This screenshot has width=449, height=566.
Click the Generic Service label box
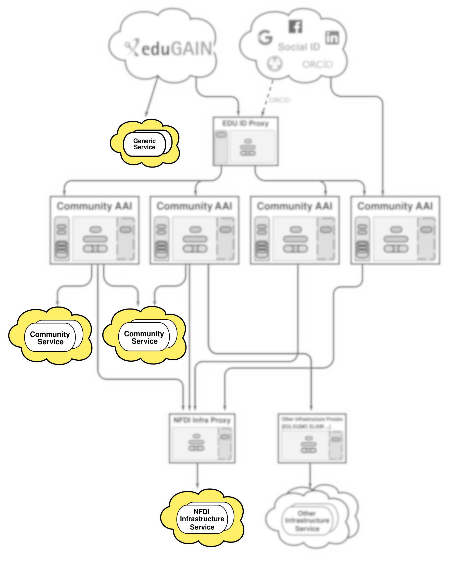pyautogui.click(x=144, y=144)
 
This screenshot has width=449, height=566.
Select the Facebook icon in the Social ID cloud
pyautogui.click(x=295, y=27)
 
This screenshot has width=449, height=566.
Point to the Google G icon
pyautogui.click(x=265, y=38)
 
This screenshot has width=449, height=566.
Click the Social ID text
pyautogui.click(x=299, y=47)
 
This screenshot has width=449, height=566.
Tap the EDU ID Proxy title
pyautogui.click(x=245, y=123)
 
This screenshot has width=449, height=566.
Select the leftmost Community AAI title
pyautogui.click(x=94, y=206)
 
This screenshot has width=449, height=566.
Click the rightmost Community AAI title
pyautogui.click(x=395, y=206)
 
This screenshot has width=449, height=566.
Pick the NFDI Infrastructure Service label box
pyautogui.click(x=202, y=519)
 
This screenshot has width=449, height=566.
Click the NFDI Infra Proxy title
pyautogui.click(x=202, y=420)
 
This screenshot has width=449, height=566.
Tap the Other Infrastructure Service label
pyautogui.click(x=307, y=521)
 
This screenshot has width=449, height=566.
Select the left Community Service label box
pyautogui.click(x=50, y=338)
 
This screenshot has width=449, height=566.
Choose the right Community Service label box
pyautogui.click(x=144, y=337)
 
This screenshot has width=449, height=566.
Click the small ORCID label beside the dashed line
pyautogui.click(x=280, y=100)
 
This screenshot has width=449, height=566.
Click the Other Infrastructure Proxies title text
pyautogui.click(x=312, y=419)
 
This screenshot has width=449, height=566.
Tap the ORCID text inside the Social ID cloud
pyautogui.click(x=317, y=64)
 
